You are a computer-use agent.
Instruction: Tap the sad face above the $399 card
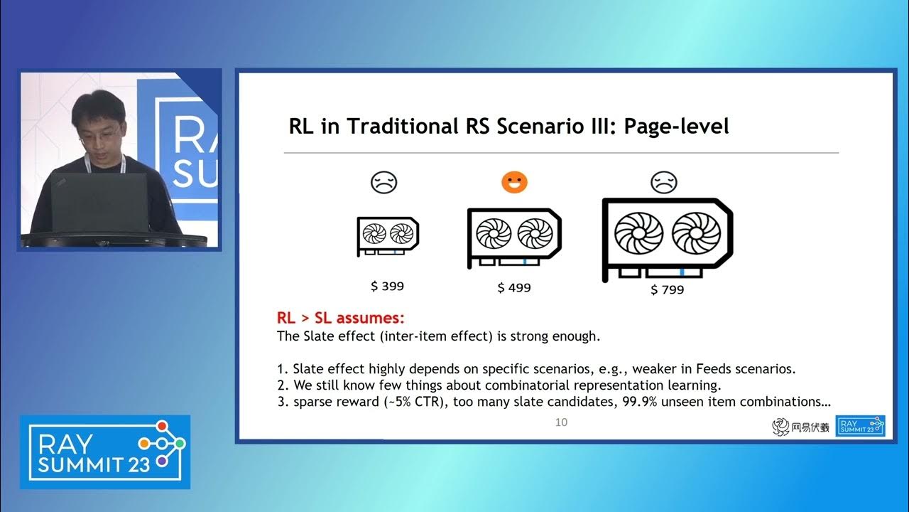click(383, 183)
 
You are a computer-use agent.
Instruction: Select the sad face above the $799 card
click(664, 183)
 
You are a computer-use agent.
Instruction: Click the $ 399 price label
click(387, 286)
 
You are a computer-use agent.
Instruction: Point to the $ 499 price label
click(514, 287)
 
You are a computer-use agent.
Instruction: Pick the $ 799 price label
click(667, 289)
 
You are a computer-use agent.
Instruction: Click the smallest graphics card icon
click(388, 236)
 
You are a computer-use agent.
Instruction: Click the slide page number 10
click(561, 422)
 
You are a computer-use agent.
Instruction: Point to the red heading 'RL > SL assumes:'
click(340, 318)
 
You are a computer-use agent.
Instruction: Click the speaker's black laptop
click(99, 203)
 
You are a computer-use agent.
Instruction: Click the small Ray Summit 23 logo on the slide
click(860, 426)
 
